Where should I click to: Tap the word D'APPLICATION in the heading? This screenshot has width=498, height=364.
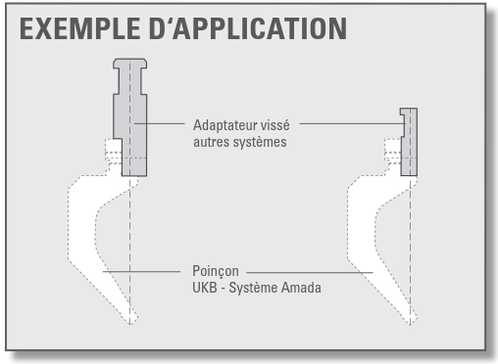[x=248, y=28]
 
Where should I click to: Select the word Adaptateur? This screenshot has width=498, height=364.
[x=224, y=125]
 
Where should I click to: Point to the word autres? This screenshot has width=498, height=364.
[x=208, y=142]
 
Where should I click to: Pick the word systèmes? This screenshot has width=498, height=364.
[x=257, y=142]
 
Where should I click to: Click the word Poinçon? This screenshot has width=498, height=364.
[x=216, y=271]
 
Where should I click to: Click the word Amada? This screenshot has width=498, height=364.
[x=301, y=288]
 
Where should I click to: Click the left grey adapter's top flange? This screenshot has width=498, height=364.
[x=130, y=64]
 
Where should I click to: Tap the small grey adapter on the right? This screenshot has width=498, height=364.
[x=409, y=142]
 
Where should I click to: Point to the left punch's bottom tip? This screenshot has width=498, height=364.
[x=130, y=325]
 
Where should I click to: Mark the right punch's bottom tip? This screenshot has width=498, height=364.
[x=410, y=325]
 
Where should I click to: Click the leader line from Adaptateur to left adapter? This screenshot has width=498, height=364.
[x=160, y=123]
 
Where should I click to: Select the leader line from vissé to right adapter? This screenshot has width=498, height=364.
[x=353, y=123]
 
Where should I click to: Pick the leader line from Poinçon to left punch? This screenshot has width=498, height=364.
[x=141, y=271]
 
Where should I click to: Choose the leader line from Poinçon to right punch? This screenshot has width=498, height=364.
[x=310, y=272]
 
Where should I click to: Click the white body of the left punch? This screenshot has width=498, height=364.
[x=83, y=228]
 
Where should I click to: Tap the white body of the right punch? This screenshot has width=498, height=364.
[x=362, y=228]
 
